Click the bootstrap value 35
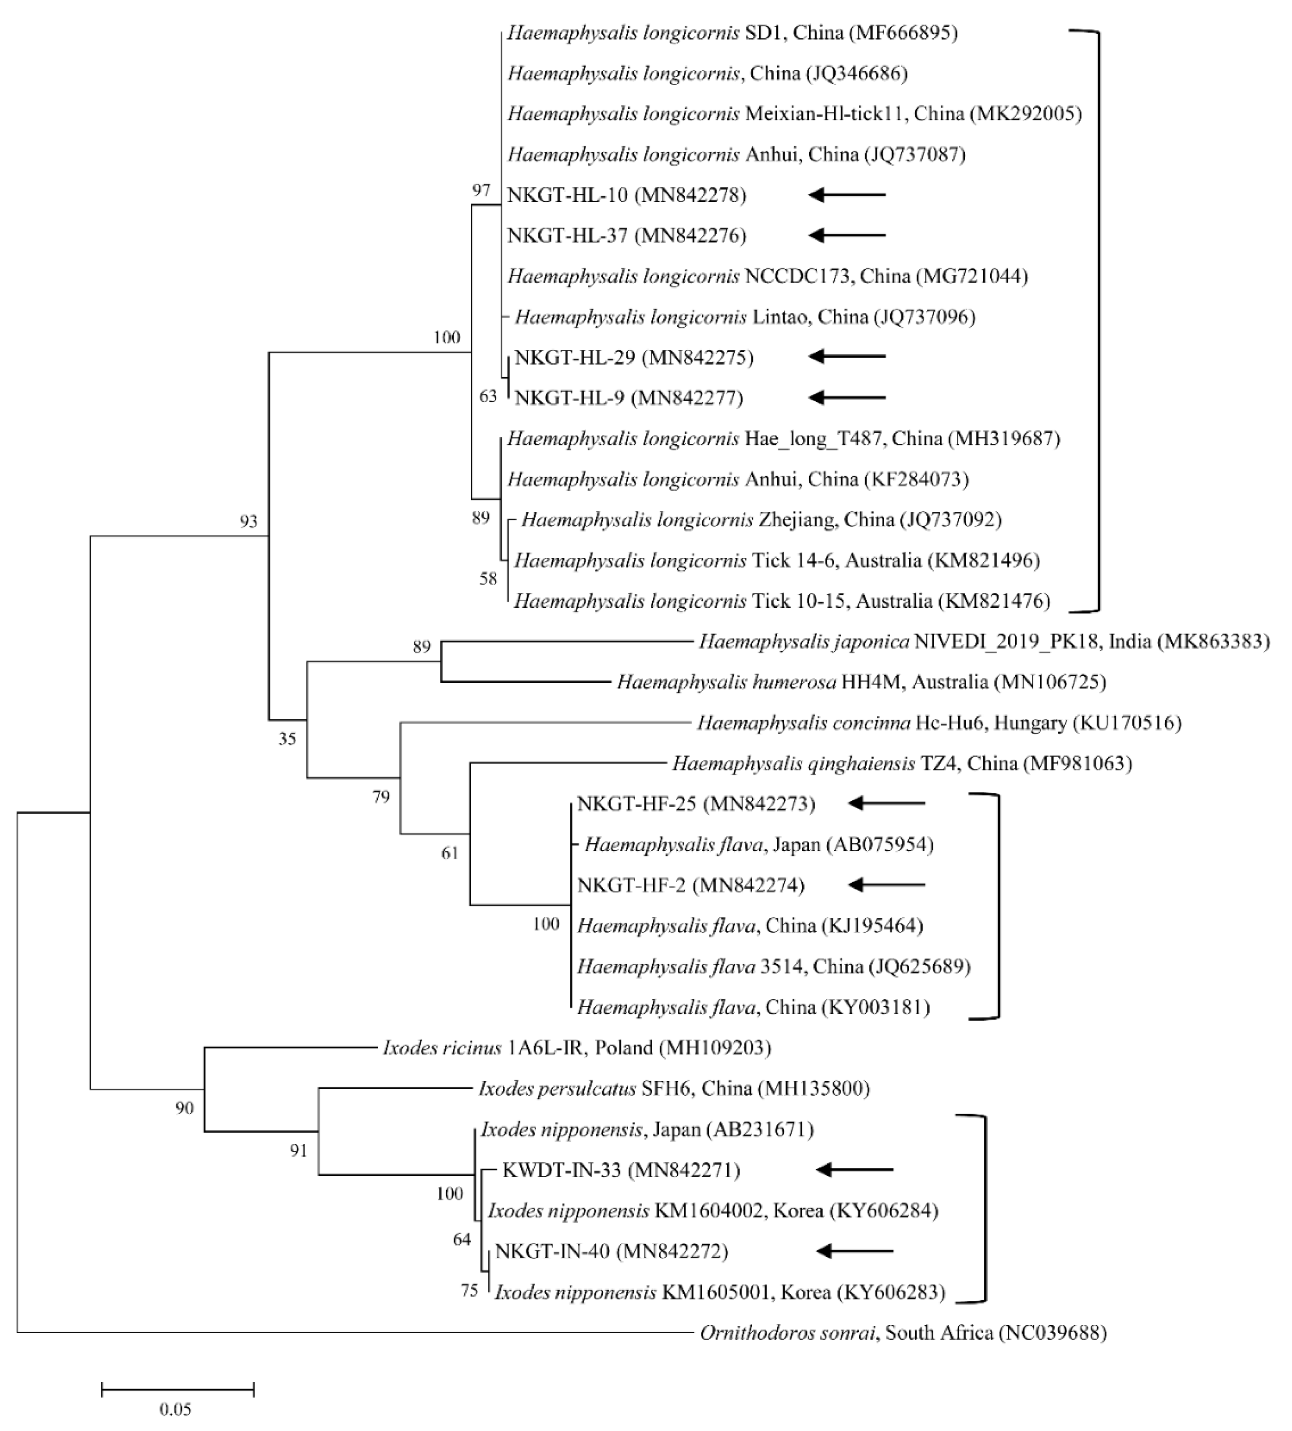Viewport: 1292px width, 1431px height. tap(287, 739)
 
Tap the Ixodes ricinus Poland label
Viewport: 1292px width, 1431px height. tap(577, 1047)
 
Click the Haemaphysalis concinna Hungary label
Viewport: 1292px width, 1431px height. tap(938, 723)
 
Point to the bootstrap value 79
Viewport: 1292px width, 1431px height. tap(381, 797)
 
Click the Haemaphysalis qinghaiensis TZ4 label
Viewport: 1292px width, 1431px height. tap(901, 763)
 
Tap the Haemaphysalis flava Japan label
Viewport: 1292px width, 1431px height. tap(758, 844)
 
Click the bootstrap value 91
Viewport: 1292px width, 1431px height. tap(299, 1150)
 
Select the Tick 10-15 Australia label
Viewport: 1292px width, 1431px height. tap(781, 601)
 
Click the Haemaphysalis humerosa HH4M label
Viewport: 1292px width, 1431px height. tap(860, 682)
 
